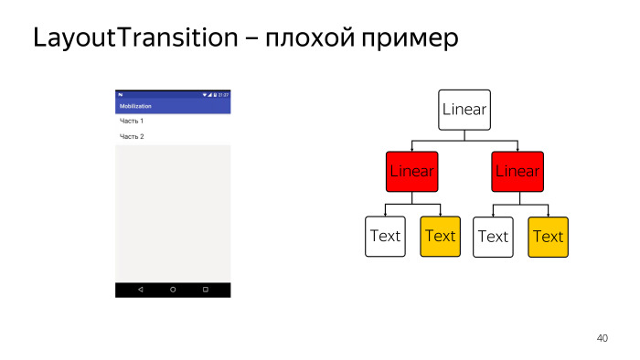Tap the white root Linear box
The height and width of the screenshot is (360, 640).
pos(464,110)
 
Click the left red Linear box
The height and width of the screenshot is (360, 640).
pos(412,172)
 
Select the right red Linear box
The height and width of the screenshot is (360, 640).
pos(517,172)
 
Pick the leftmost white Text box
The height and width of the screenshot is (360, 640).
pos(385,236)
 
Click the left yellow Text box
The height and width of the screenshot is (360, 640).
pos(440,236)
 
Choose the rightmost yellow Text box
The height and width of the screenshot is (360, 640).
pos(548,237)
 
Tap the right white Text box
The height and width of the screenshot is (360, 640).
pos(493,237)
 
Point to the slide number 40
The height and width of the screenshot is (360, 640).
pos(602,338)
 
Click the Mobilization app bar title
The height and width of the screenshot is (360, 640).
pos(135,106)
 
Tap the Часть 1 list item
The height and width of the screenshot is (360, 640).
pos(132,122)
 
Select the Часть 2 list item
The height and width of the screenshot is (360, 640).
pos(132,137)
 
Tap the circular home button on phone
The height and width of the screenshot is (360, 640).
pos(173,289)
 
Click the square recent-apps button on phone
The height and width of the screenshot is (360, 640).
pos(205,289)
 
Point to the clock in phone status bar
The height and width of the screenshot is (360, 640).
pos(224,94)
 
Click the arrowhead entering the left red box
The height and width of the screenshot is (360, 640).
pos(412,148)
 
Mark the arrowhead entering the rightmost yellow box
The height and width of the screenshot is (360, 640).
pos(548,214)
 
